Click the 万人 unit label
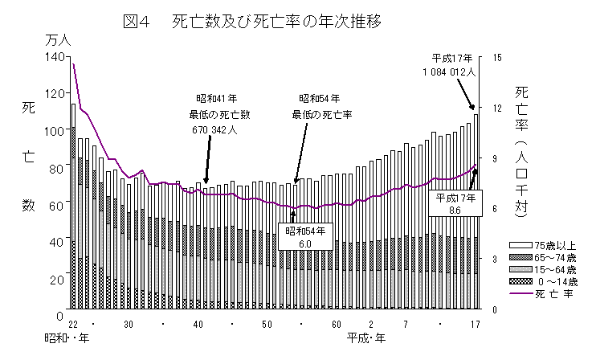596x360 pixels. click(59, 39)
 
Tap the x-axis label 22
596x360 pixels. click(73, 323)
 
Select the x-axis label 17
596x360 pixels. click(475, 323)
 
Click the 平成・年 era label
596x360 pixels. click(367, 337)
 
